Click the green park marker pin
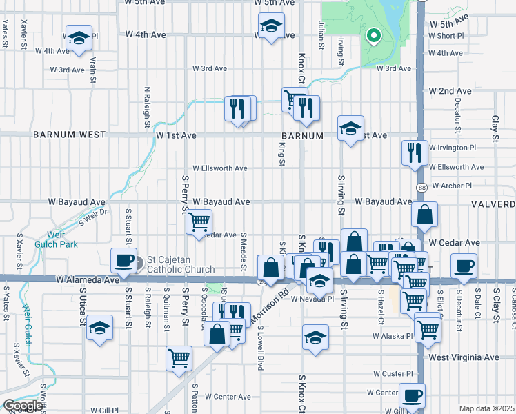[373, 36]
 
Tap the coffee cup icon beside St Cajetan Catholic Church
[124, 261]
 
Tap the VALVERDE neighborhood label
[493, 204]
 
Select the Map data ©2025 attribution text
[486, 408]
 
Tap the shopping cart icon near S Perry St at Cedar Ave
[199, 221]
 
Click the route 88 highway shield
[420, 187]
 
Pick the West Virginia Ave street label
[463, 357]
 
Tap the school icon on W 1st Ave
[350, 128]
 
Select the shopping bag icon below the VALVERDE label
[425, 215]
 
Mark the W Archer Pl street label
[449, 186]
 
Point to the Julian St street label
[321, 35]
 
